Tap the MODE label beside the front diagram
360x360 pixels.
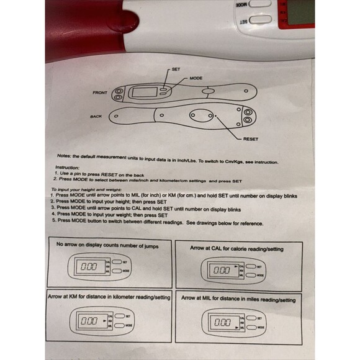(x=197, y=78)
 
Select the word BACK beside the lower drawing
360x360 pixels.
(x=96, y=116)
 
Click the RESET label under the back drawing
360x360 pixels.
(x=251, y=139)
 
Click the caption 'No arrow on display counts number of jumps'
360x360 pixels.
(x=107, y=246)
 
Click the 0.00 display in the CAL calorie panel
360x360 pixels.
(x=222, y=271)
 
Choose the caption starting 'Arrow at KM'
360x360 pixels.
(x=109, y=298)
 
